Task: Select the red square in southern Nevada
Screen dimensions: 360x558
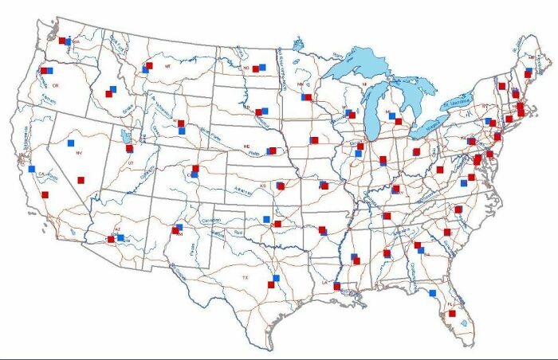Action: click(81, 181)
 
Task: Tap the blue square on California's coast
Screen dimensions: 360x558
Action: click(32, 169)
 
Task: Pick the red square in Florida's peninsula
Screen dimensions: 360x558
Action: click(452, 314)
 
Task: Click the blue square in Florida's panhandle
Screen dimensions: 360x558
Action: click(433, 293)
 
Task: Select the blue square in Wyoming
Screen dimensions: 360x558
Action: click(182, 130)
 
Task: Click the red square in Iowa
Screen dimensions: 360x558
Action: click(314, 140)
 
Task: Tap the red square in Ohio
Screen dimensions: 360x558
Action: click(416, 151)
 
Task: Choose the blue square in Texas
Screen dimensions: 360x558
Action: click(276, 278)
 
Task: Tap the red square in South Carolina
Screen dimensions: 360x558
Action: click(447, 232)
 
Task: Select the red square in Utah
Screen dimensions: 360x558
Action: click(129, 148)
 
